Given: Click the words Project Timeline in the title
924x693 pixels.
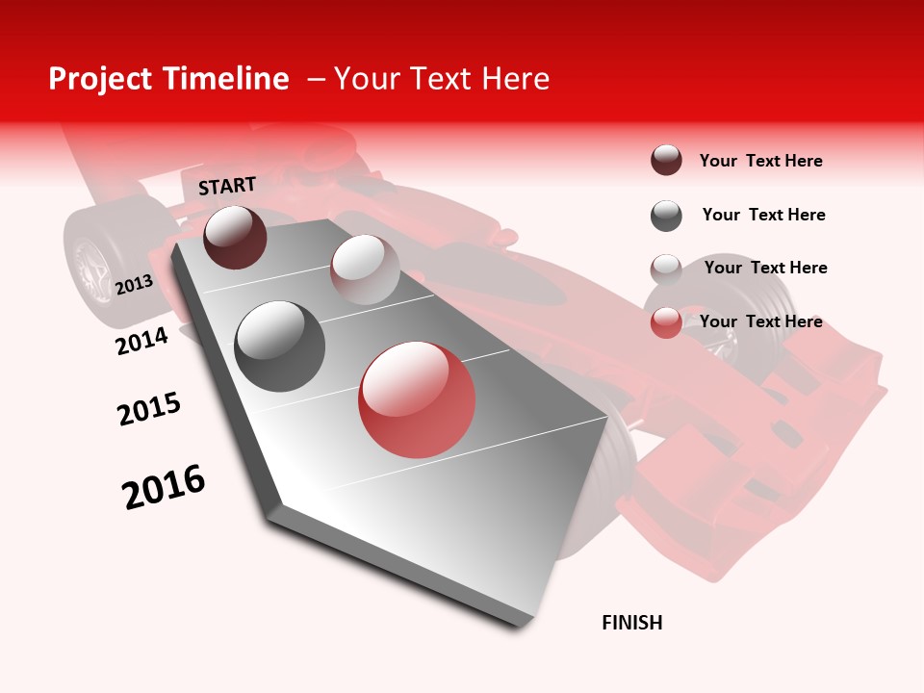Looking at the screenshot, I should click(x=168, y=79).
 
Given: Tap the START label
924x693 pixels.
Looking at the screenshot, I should click(x=227, y=186).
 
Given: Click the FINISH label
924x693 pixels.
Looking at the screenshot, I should click(x=631, y=623).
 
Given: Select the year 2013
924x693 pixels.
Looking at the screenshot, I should click(x=134, y=284).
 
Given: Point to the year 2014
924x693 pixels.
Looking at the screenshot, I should click(x=141, y=341).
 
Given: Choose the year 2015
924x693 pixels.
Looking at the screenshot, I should click(x=149, y=409).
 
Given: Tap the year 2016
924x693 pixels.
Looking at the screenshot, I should click(x=164, y=487).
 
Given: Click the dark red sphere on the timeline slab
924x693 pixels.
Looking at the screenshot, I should click(x=235, y=237).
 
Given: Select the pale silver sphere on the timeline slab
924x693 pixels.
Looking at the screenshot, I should click(x=364, y=269).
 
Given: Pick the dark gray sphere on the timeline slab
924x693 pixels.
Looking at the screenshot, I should click(x=280, y=346).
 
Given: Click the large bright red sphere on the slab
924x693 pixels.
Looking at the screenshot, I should click(x=417, y=399).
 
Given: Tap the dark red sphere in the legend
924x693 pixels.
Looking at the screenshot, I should click(x=666, y=161).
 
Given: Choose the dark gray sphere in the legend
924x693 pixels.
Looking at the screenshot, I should click(x=666, y=216).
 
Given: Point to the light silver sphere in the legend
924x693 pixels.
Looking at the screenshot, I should click(x=666, y=269).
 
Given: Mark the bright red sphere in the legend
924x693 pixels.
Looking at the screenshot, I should click(x=666, y=322).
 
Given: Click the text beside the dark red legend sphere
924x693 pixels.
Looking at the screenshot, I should click(x=760, y=161).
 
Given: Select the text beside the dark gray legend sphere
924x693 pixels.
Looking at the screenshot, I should click(x=763, y=215).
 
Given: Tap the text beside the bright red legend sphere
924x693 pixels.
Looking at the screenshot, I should click(x=760, y=321).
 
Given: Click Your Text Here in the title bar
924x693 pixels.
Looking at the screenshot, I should click(x=442, y=79).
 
